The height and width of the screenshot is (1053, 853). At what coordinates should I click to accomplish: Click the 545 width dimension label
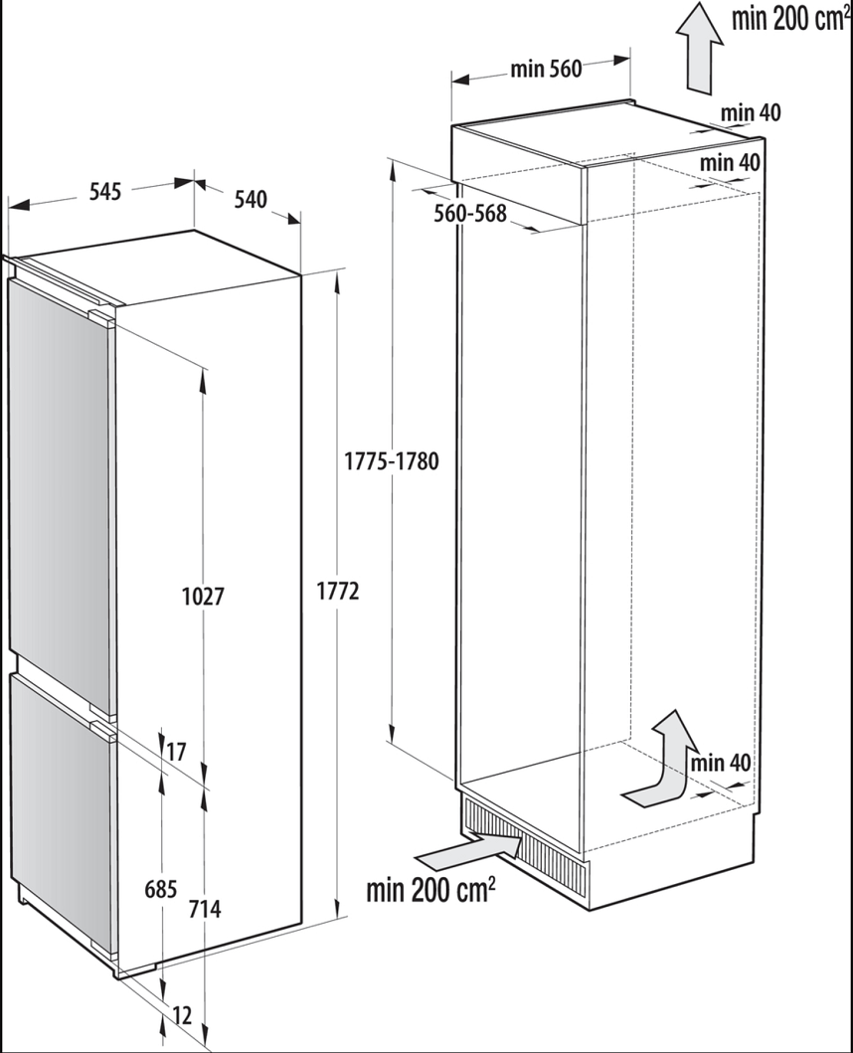click(104, 191)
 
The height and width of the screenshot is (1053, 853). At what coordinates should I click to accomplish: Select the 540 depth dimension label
click(250, 199)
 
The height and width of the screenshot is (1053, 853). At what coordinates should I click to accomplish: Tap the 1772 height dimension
click(338, 591)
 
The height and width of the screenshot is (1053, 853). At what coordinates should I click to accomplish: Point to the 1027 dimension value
click(203, 596)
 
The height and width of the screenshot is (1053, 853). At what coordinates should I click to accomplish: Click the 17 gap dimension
click(175, 752)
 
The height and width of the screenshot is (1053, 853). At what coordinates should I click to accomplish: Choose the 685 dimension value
click(161, 889)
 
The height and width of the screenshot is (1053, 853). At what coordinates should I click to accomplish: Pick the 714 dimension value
click(204, 909)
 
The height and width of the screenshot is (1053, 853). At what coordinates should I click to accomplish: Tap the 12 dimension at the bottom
click(182, 1015)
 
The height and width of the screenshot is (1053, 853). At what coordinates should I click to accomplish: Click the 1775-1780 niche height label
click(391, 461)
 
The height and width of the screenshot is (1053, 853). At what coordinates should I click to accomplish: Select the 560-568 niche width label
click(469, 214)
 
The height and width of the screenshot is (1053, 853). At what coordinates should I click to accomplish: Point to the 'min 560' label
click(546, 69)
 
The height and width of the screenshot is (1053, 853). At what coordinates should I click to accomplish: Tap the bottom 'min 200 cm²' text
click(430, 889)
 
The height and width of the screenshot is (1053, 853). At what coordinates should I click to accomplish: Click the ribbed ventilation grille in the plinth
click(523, 844)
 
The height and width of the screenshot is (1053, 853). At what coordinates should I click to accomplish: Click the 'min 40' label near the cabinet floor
click(720, 763)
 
